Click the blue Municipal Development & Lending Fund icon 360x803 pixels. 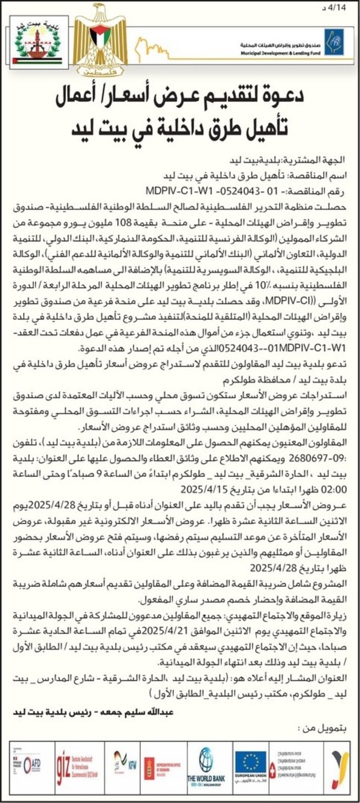[x=334, y=42]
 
